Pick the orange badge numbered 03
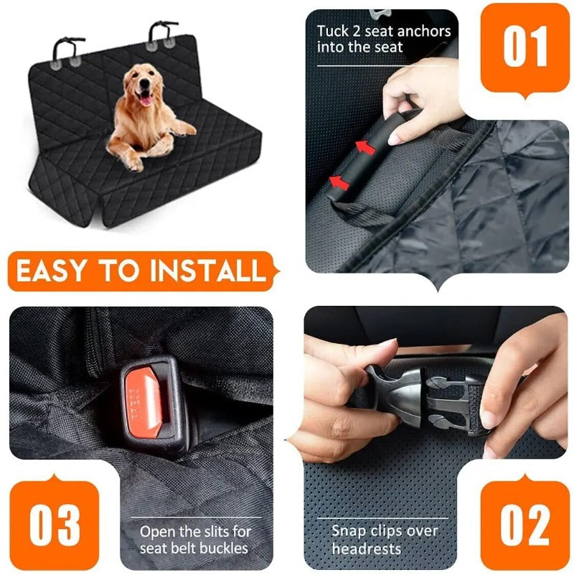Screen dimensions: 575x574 point(54,526)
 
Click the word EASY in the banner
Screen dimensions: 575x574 point(52,271)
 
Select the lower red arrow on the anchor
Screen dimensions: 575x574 point(341,182)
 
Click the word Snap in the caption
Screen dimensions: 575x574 point(348,531)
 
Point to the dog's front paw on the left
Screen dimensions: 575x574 point(133,162)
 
